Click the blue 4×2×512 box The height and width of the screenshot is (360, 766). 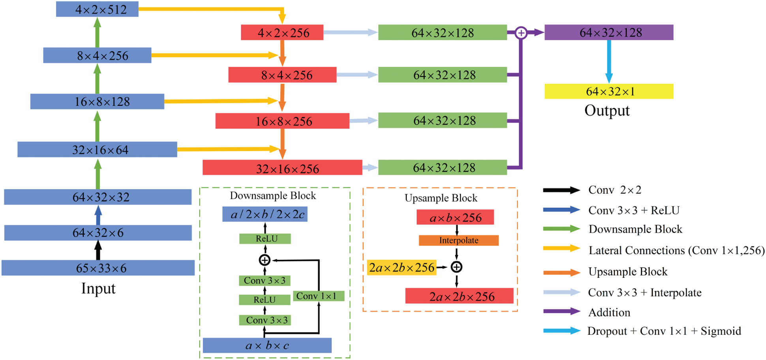pos(97,9)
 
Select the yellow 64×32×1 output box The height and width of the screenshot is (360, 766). pos(608,91)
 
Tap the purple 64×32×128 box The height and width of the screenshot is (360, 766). pos(608,32)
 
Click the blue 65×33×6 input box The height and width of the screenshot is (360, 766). pos(98,268)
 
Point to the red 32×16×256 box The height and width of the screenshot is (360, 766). pos(282,168)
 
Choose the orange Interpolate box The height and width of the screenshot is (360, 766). pos(458,240)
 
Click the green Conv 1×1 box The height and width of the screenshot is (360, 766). pos(318,296)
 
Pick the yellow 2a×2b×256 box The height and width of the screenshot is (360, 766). pos(402,268)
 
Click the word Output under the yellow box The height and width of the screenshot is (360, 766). pos(607,111)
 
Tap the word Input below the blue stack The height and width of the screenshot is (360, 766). pos(98,289)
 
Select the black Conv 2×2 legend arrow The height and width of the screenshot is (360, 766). pos(561,190)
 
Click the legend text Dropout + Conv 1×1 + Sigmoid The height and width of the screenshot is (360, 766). pos(664,331)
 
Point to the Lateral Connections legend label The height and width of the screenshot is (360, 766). pos(676,251)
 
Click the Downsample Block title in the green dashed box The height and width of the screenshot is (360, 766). pos(273,196)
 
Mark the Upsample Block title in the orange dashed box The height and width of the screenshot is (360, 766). pos(441,198)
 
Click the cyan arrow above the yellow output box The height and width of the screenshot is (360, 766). pos(609,61)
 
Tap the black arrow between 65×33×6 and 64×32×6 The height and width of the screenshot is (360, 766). pos(98,250)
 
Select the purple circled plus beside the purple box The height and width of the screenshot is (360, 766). pos(521,33)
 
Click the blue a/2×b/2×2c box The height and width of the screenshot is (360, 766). pos(265,214)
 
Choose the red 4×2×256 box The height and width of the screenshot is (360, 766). pos(282,32)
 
